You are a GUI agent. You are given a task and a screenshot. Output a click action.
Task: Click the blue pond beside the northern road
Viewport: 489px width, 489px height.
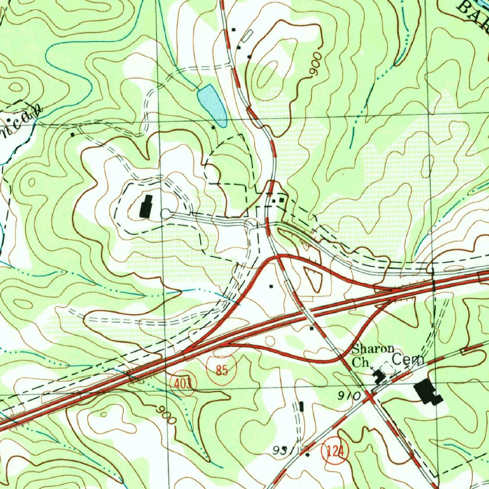pyautogui.click(x=212, y=105)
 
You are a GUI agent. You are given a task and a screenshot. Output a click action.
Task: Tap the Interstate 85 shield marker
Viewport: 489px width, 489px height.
pyautogui.click(x=221, y=370)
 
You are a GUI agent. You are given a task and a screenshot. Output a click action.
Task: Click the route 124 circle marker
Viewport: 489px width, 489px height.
pyautogui.click(x=335, y=451)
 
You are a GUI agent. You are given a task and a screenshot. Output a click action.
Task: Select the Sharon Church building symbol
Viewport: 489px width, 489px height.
pyautogui.click(x=380, y=376)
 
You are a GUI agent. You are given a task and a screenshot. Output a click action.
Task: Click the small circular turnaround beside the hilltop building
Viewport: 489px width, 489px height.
pyautogui.click(x=165, y=214)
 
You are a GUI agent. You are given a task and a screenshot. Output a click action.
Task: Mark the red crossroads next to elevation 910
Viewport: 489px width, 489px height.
pyautogui.click(x=369, y=396)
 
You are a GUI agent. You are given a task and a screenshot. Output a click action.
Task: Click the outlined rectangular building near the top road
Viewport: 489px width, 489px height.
pyautogui.click(x=247, y=36)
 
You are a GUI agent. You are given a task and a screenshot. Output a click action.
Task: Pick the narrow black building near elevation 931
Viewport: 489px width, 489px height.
pyautogui.click(x=301, y=407)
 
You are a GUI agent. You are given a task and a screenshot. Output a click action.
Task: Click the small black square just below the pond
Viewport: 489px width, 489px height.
pyautogui.click(x=213, y=128)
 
